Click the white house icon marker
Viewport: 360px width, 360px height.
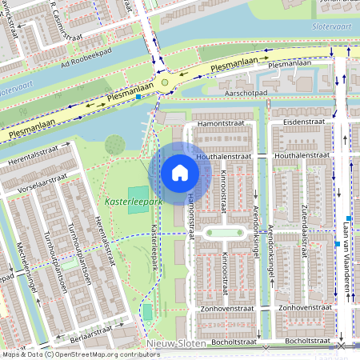pyautogui.click(x=180, y=173)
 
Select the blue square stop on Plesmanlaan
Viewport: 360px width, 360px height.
pyautogui.click(x=138, y=97)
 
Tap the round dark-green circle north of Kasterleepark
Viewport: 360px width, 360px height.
pyautogui.click(x=115, y=145)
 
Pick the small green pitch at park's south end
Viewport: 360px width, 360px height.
pyautogui.click(x=147, y=311)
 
